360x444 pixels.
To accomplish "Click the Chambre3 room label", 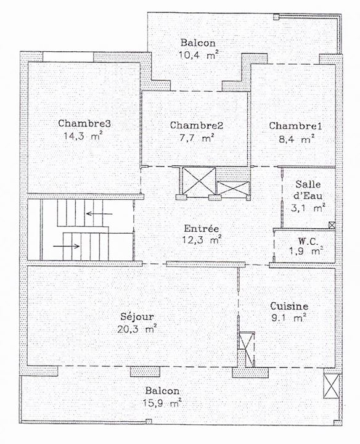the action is pos(84,124).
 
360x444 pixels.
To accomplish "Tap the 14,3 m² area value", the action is pos(83,136).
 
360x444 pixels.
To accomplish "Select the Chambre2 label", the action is pos(197,125).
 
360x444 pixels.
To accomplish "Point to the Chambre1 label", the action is pos(295,126).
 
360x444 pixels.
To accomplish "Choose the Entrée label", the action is pos(201,228).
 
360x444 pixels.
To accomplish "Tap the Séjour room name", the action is pos(137,316).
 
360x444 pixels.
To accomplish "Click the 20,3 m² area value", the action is pos(137,329).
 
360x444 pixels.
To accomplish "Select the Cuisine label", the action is pos(289,306).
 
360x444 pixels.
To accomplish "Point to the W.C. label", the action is pos(308,242).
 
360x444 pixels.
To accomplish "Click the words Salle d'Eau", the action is pos(308,190).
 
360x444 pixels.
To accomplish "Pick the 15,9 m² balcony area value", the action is pos(162,402).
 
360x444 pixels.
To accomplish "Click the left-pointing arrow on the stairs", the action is pos(99,213).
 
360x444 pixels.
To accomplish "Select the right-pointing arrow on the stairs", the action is pos(67,246).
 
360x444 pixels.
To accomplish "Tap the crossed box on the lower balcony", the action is pos(331,385).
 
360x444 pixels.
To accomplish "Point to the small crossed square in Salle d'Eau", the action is pos(332,226).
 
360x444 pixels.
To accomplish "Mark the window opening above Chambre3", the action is pos(68,57).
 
